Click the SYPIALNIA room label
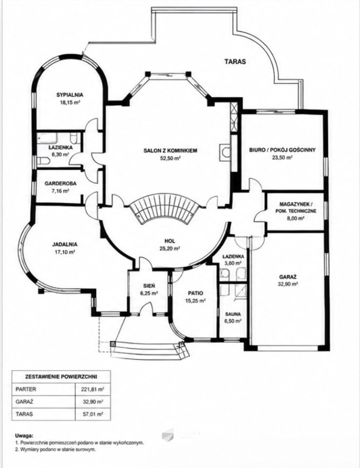click(x=70, y=95)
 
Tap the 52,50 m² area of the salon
click(x=170, y=158)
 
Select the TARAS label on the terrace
click(x=235, y=62)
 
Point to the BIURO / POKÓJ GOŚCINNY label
click(x=282, y=150)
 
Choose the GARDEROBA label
click(x=60, y=184)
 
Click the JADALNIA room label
click(x=65, y=244)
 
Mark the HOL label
click(x=170, y=241)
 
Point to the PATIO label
click(x=196, y=293)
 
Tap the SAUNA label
click(x=233, y=314)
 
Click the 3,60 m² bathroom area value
click(x=232, y=263)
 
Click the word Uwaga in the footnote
click(x=23, y=436)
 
